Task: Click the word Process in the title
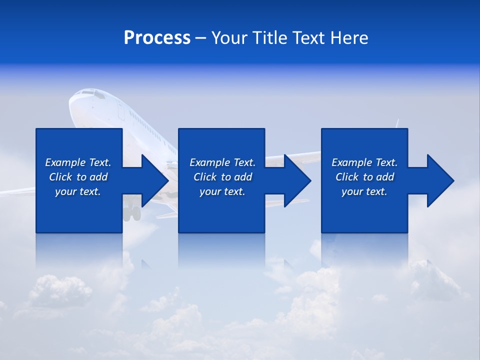157,38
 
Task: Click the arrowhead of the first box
154,180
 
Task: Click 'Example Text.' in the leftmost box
78,162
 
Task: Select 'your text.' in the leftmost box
78,191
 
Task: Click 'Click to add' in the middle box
222,177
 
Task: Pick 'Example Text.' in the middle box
222,162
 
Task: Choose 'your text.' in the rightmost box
364,191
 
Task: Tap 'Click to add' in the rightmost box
364,177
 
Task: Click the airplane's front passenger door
121,110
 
